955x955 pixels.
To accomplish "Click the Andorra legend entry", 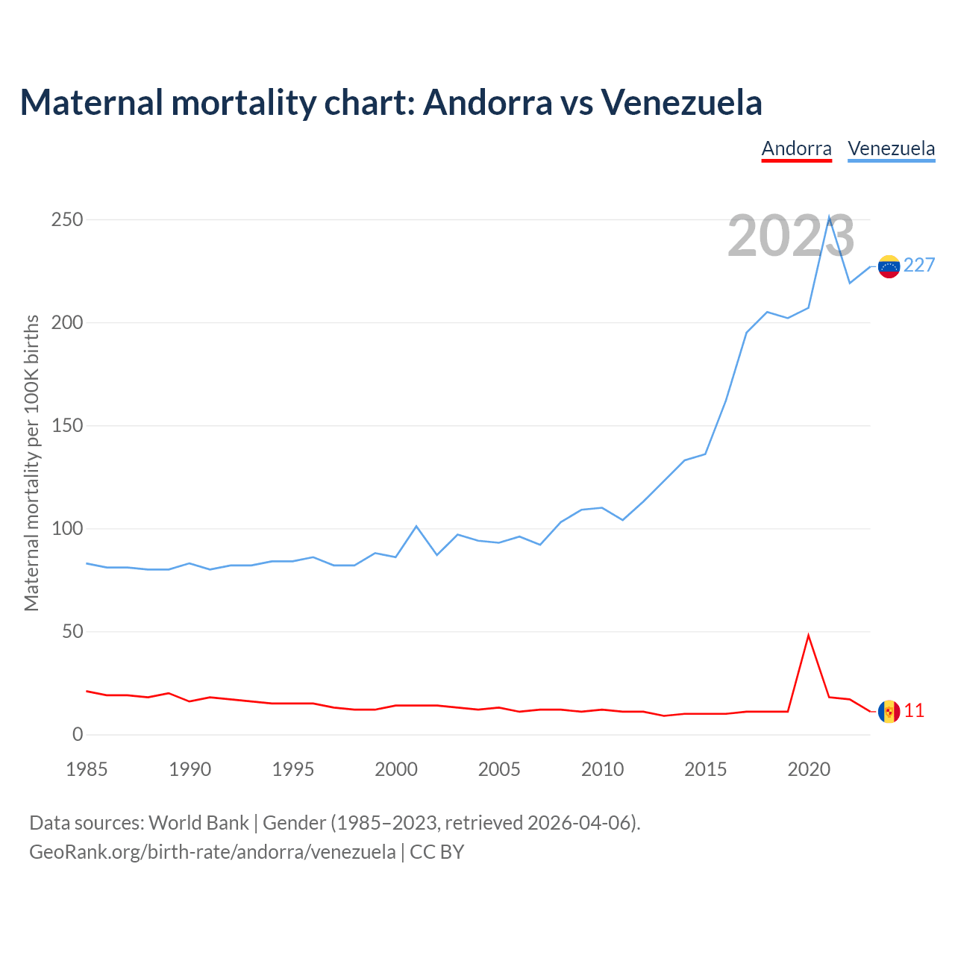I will pos(796,148).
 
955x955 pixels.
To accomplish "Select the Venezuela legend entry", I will pos(891,148).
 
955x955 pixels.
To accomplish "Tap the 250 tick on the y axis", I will pos(67,220).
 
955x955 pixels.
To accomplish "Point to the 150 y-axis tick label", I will pos(67,426).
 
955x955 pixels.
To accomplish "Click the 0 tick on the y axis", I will pos(78,735).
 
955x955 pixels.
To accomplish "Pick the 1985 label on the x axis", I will pos(87,769).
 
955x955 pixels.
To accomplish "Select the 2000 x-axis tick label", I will pos(396,769).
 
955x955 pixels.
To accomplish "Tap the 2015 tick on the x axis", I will pos(706,769).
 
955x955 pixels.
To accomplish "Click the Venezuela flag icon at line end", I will pos(889,266).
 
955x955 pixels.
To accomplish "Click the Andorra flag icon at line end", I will pos(889,712).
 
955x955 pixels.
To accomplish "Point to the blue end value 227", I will pos(919,266).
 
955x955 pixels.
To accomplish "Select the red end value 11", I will pos(914,711).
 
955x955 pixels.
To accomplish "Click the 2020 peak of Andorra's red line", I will pos(809,636).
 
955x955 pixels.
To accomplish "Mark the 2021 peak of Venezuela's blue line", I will pos(829,218).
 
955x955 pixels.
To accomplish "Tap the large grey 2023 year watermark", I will pos(791,236).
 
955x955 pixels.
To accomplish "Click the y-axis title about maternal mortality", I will pos(32,463).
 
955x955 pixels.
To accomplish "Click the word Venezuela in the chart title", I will pos(681,102).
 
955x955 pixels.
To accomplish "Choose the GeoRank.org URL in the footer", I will pos(213,851).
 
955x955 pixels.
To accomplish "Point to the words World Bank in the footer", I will pos(198,822).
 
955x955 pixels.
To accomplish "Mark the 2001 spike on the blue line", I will pos(416,527).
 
